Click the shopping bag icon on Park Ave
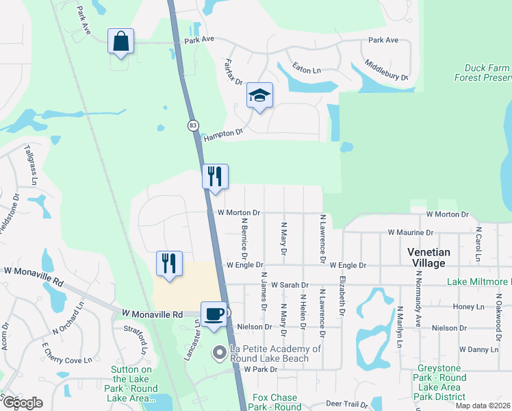click(120, 42)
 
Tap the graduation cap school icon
click(259, 95)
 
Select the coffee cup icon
click(214, 314)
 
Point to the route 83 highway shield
click(194, 125)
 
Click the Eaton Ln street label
click(306, 70)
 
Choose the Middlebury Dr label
click(386, 69)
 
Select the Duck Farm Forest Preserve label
click(482, 73)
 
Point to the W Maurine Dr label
click(410, 232)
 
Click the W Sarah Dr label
click(290, 284)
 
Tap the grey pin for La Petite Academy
click(219, 353)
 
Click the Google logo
click(23, 403)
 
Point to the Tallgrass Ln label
click(29, 164)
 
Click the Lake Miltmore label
click(478, 282)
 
